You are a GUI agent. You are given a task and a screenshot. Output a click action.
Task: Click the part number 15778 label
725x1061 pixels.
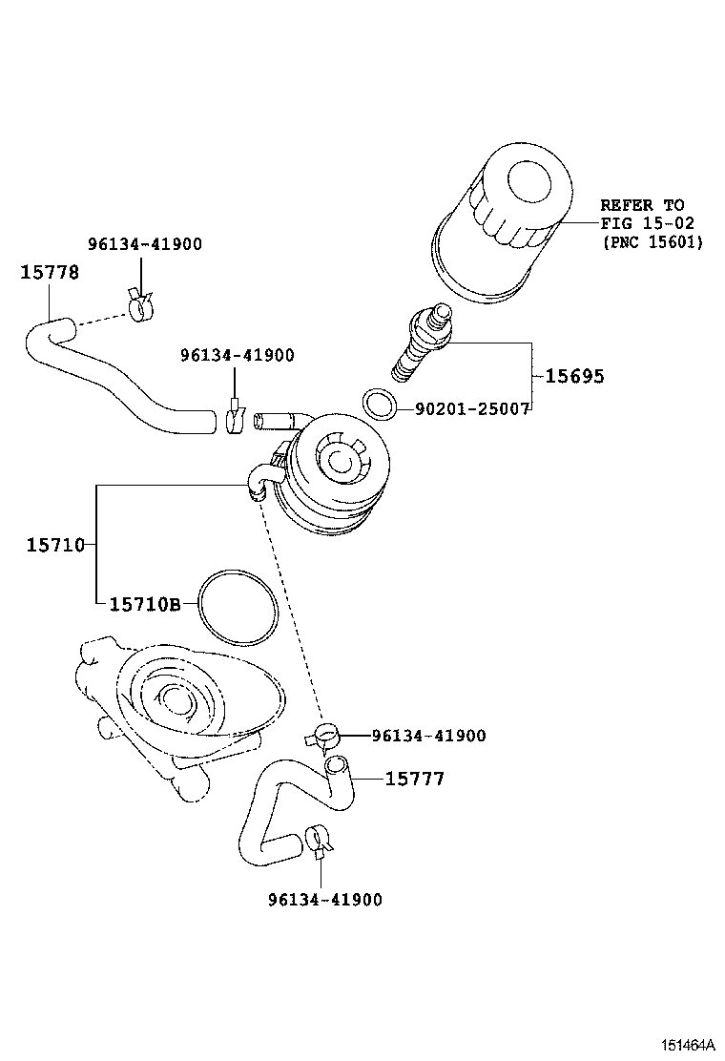pos(50,272)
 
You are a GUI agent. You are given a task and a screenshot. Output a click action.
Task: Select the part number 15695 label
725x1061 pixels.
pos(574,376)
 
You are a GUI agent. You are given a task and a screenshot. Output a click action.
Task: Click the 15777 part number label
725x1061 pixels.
pos(414,780)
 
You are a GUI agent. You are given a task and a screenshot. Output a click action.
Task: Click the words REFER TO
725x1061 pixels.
pos(642,205)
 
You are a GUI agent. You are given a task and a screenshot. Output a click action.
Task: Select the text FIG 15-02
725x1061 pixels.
pos(647,223)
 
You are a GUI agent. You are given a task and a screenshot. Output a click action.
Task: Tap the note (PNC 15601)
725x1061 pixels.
pos(652,242)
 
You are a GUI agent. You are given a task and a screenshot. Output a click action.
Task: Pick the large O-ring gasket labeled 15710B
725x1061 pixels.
pos(239,607)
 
